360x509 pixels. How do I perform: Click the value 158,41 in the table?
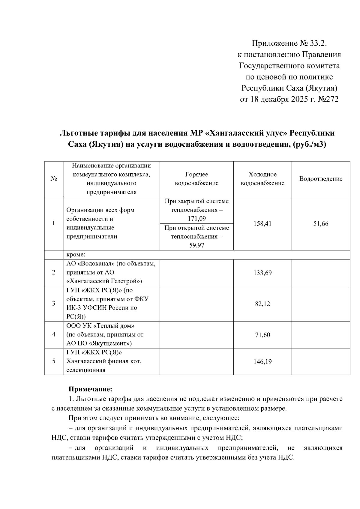262,224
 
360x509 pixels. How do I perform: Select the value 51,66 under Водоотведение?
321,224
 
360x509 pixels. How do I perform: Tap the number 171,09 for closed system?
196,219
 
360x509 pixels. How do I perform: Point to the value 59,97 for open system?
196,245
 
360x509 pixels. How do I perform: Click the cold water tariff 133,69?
262,273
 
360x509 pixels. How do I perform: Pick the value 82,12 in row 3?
262,304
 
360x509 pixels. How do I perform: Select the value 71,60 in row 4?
262,335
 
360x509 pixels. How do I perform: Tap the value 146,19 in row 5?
262,362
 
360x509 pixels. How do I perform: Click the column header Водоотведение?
321,179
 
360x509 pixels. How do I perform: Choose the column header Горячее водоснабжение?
196,179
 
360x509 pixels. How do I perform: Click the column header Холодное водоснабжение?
262,179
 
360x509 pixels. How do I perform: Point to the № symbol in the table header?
54,179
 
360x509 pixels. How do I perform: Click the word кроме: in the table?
76,255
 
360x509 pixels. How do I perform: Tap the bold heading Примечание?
90,389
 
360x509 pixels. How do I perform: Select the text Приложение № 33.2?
289,44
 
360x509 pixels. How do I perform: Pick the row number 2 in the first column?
54,273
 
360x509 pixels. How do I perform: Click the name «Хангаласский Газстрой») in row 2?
104,281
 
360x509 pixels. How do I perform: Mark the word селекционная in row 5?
86,370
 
